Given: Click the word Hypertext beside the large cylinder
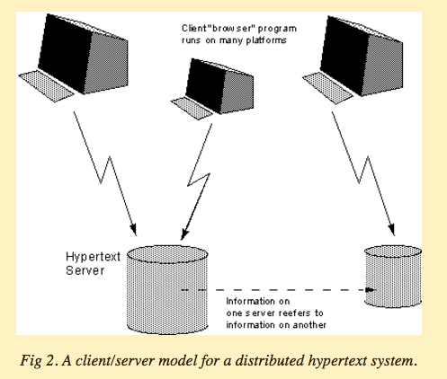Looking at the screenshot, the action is click(93, 257).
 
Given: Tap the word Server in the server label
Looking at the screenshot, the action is click(85, 270).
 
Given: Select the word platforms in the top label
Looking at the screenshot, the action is click(266, 40).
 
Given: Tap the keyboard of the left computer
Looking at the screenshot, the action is click(47, 86).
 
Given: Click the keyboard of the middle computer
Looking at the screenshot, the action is click(192, 108).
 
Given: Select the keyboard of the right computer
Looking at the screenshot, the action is click(327, 88).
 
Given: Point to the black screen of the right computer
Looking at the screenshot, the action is click(344, 53).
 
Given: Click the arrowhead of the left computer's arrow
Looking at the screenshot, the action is click(133, 229).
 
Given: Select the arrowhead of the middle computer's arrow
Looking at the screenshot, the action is click(184, 234).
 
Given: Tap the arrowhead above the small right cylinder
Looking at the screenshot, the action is click(391, 230).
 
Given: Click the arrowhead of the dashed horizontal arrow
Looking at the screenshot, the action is click(371, 290).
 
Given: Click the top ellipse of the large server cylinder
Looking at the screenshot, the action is click(167, 254).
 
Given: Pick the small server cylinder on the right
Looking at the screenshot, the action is click(393, 277).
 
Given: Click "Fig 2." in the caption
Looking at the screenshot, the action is click(40, 361).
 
